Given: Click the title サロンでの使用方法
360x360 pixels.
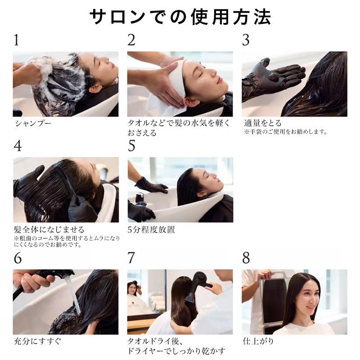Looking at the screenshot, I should pos(180,17).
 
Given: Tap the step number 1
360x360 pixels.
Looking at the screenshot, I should pos(17,40).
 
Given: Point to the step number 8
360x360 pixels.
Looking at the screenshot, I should pos(246,258).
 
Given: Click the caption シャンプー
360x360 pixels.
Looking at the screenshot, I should pos(32,123).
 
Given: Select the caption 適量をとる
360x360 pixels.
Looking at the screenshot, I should pos(262,123).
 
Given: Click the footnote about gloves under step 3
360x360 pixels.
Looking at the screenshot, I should pos(285,132).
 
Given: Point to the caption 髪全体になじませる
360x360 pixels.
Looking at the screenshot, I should pos(49,229).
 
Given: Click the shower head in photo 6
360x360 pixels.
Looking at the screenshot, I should pos(54,274).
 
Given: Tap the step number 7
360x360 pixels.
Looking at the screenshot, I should pos(131,258).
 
